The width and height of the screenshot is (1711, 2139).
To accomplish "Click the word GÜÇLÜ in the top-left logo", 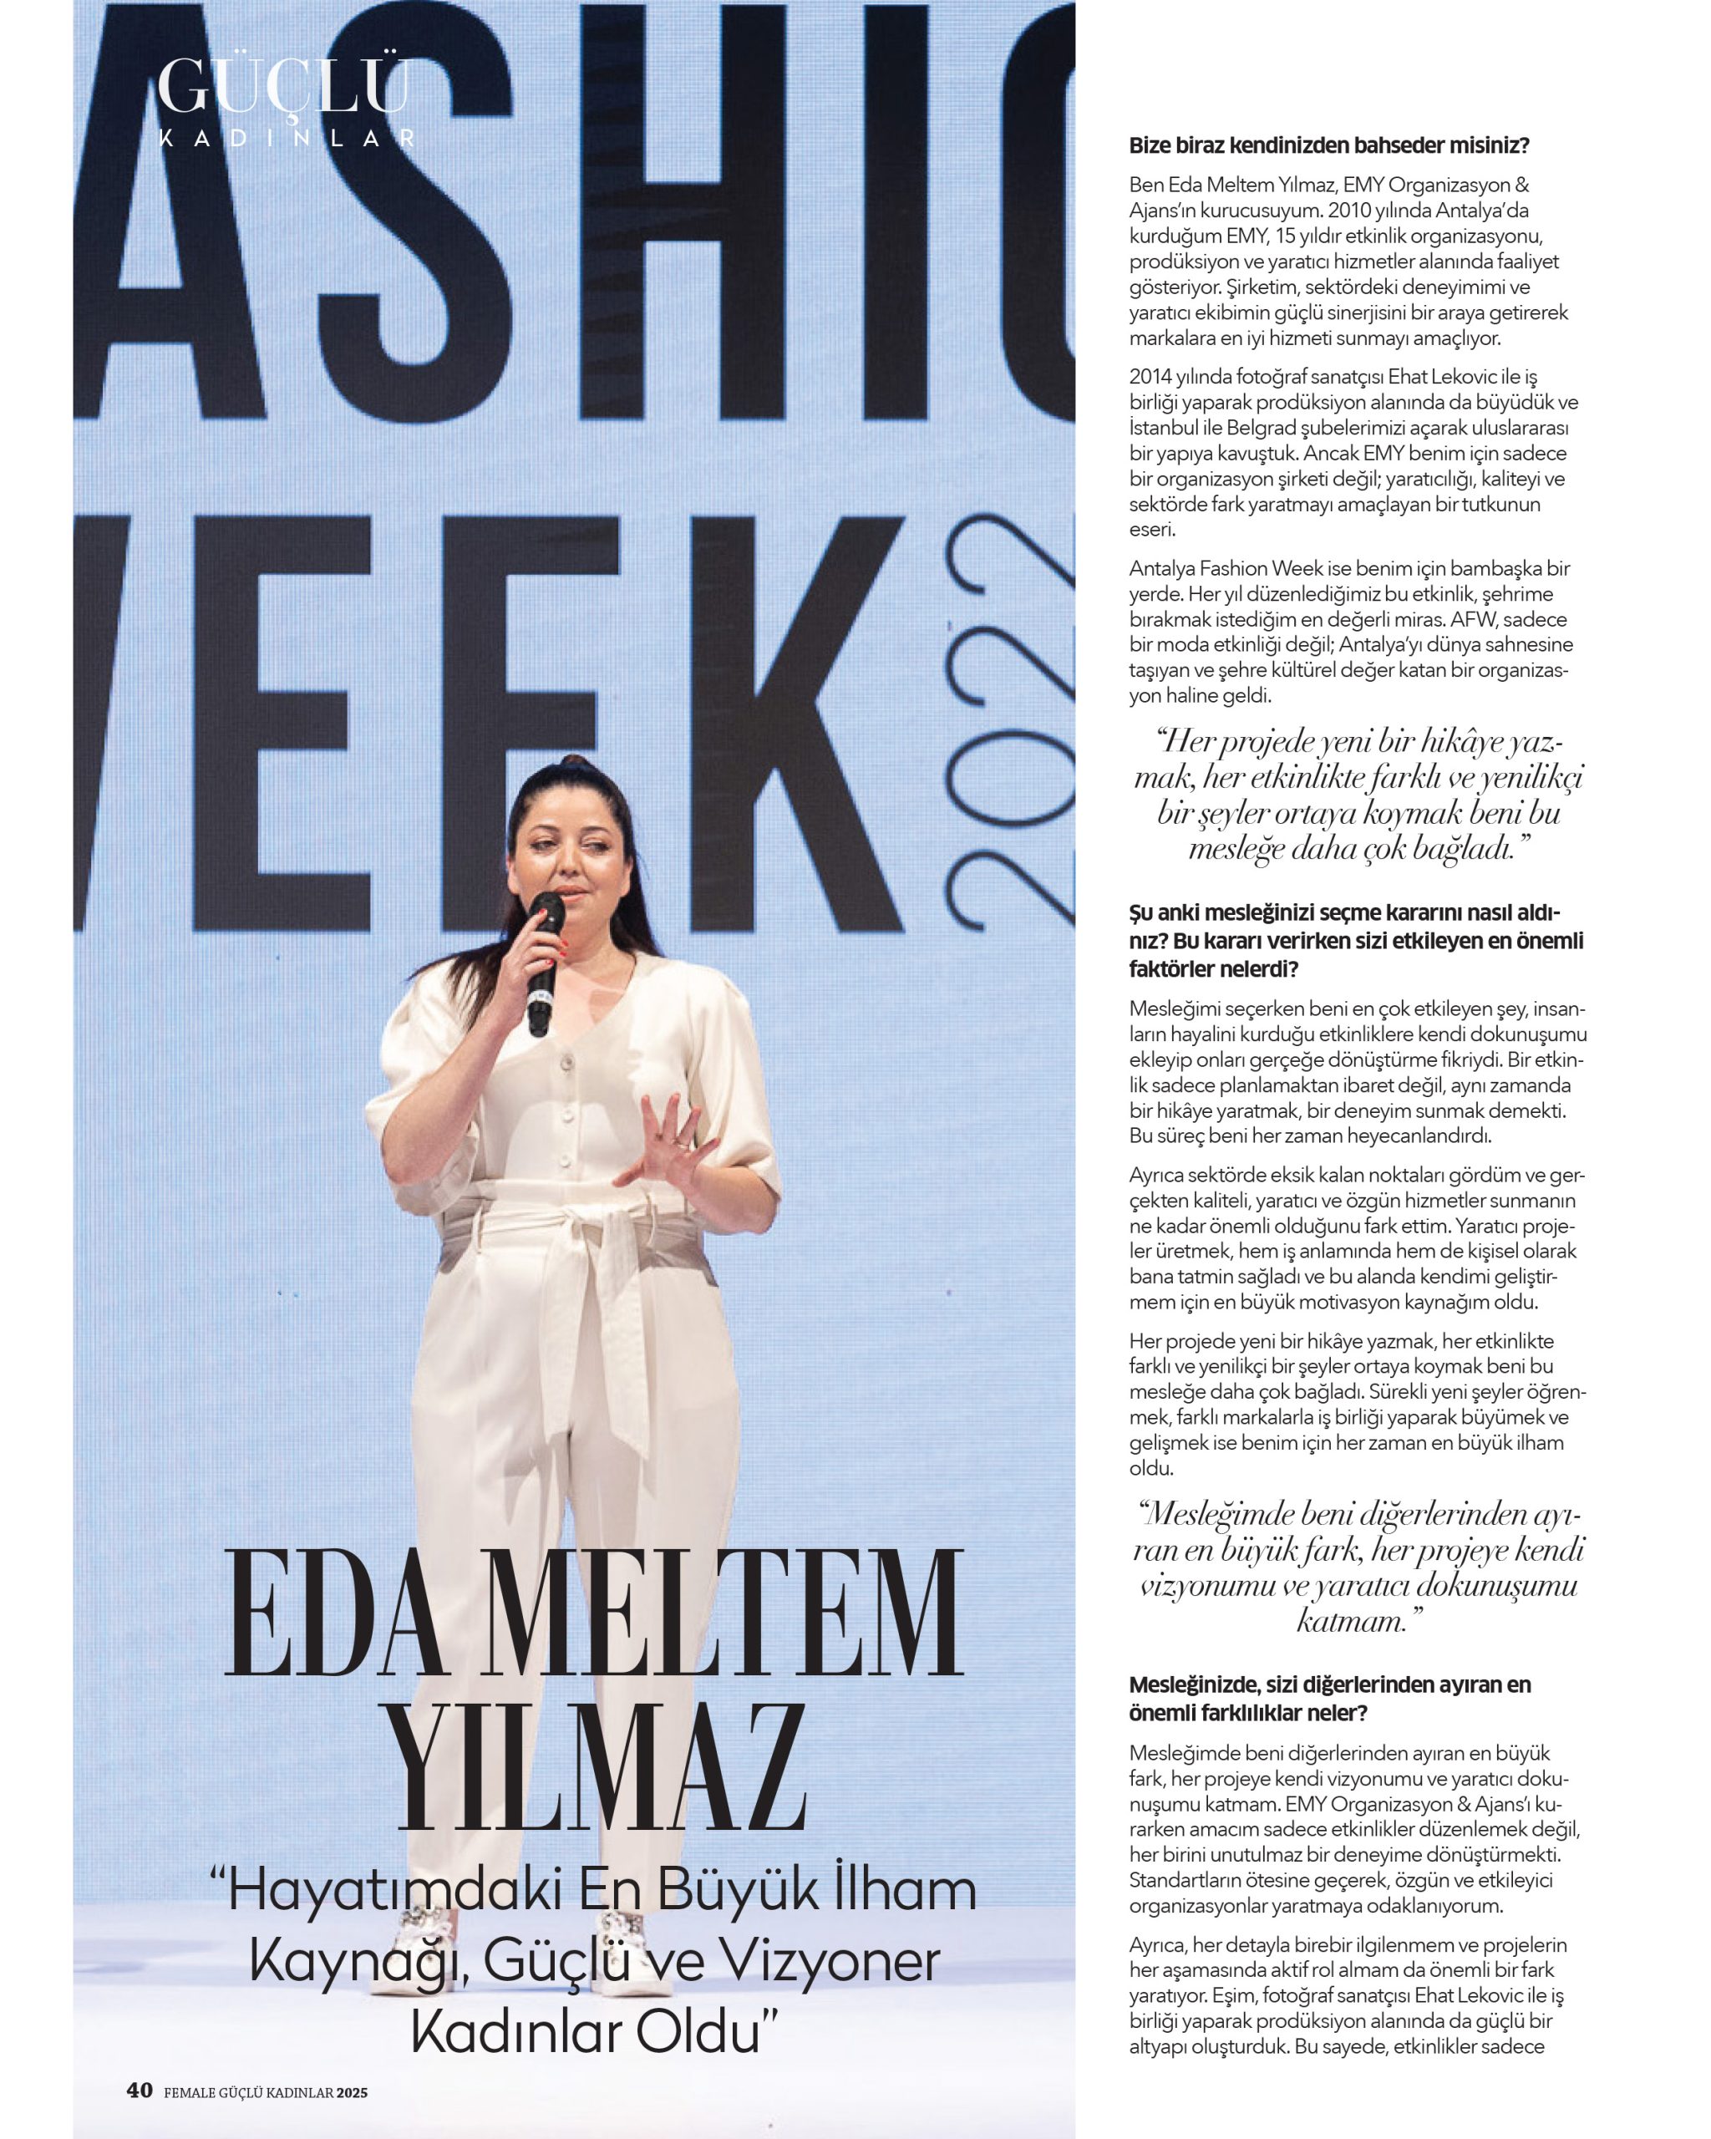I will click(x=284, y=87).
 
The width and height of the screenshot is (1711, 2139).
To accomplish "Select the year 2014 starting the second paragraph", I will click(x=1150, y=377).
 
